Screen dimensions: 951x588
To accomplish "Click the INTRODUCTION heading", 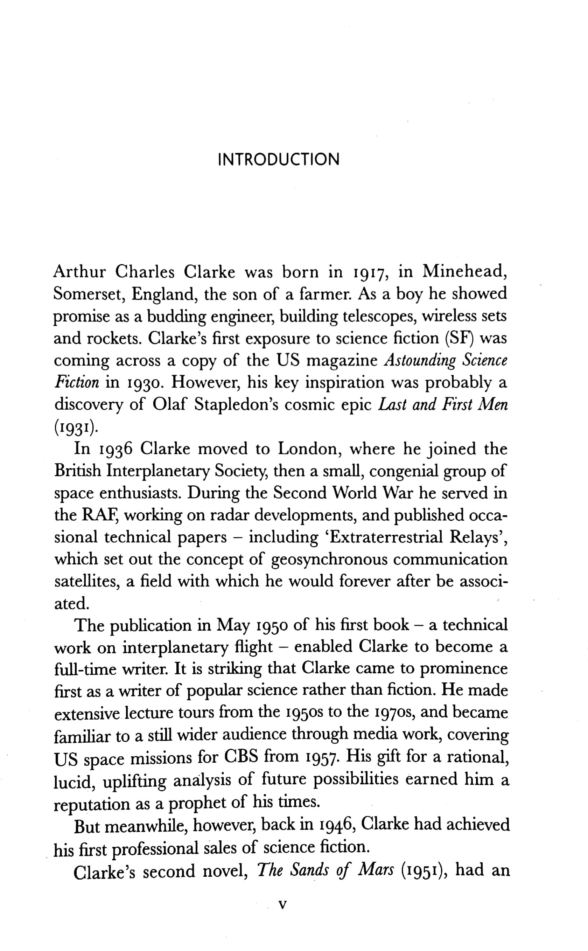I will (279, 159).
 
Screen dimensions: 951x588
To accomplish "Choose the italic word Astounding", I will (420, 361).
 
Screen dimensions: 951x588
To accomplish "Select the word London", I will (309, 449).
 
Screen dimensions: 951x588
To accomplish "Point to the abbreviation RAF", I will (100, 515).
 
